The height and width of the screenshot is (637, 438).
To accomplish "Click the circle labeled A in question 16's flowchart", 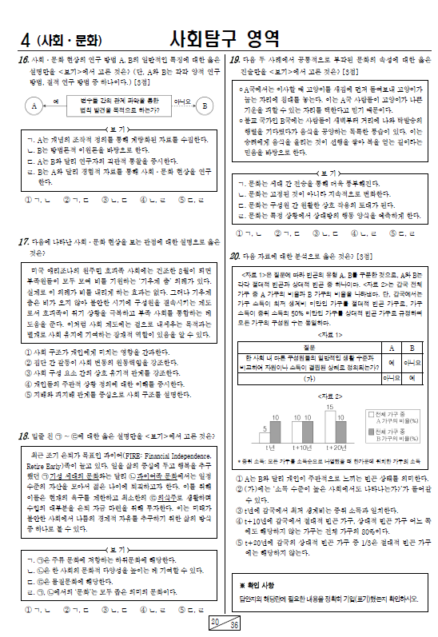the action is coord(35,106).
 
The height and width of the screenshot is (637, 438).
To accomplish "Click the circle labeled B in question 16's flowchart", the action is coord(205,106).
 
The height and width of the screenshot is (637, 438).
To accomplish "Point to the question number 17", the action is coord(23,241).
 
